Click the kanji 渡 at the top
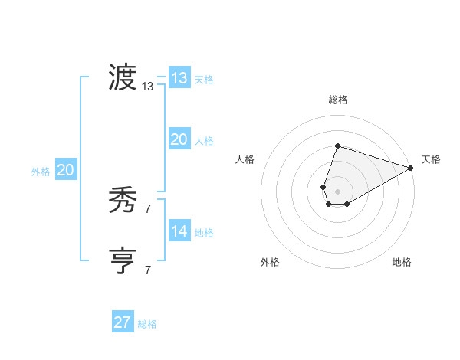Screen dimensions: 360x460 point(123,78)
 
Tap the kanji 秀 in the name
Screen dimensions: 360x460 point(123,201)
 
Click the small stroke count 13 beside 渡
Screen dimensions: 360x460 point(148,87)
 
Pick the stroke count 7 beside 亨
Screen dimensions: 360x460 point(148,270)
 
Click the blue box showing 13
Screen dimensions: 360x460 point(179,78)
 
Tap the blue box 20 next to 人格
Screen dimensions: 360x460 point(179,139)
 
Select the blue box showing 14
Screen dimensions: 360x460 point(179,231)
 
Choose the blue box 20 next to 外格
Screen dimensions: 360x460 point(66,170)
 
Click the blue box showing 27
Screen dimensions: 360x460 point(123,322)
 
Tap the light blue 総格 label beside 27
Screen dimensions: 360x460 point(147,324)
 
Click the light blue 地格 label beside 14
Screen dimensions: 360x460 point(204,233)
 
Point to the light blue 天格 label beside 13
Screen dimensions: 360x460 point(204,80)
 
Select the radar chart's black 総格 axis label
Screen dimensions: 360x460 point(337,100)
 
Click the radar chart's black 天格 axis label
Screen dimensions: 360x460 point(431,159)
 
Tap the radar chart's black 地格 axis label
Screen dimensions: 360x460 point(402,263)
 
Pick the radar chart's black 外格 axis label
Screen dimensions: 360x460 point(270,263)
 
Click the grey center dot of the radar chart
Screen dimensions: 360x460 point(337,190)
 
